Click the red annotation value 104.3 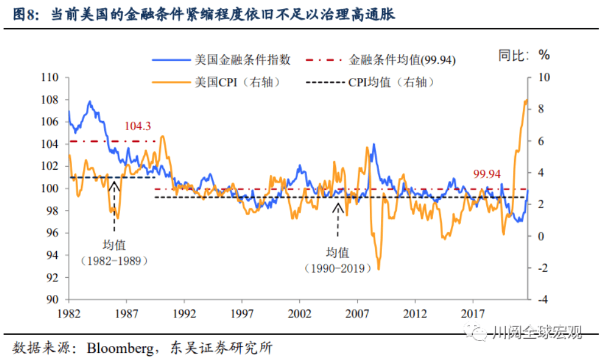[x=138, y=126]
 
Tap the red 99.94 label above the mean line [x=486, y=174]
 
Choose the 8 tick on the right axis [x=541, y=109]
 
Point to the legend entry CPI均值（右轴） [x=391, y=82]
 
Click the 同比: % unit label [x=524, y=56]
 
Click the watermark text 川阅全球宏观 [x=537, y=332]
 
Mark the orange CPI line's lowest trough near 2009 [x=378, y=269]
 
